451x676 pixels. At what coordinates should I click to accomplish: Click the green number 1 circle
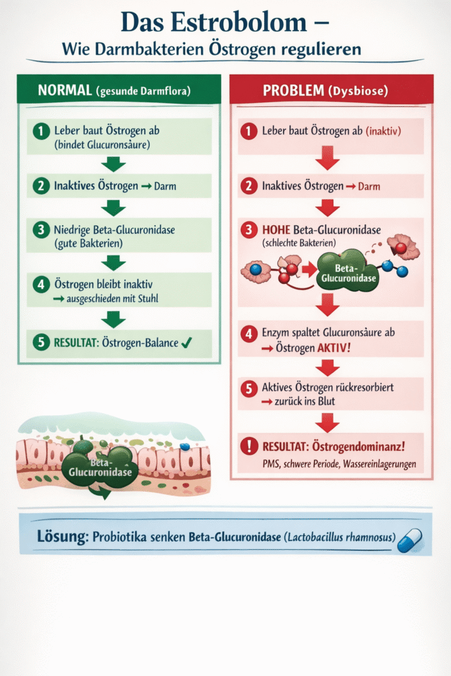(x=41, y=131)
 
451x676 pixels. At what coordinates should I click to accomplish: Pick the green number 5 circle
(x=41, y=343)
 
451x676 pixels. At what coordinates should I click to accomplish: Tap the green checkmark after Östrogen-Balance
(x=186, y=343)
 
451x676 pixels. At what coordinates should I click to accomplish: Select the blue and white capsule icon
(x=409, y=539)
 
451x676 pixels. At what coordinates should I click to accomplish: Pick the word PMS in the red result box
(x=271, y=464)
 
